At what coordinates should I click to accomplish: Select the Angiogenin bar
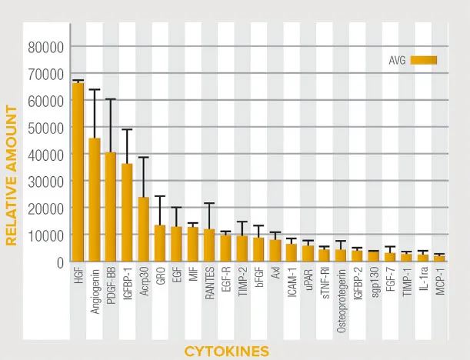tap(95, 200)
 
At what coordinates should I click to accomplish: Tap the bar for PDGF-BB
tap(111, 207)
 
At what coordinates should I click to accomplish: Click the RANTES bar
tap(209, 245)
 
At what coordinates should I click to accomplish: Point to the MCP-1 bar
tap(439, 258)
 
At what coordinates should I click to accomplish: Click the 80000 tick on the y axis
tap(45, 47)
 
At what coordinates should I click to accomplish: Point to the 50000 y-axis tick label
tap(45, 128)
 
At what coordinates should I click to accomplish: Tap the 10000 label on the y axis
tap(45, 235)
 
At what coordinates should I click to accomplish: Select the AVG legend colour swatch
tap(424, 59)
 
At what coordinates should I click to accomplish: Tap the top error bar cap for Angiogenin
tap(95, 90)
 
